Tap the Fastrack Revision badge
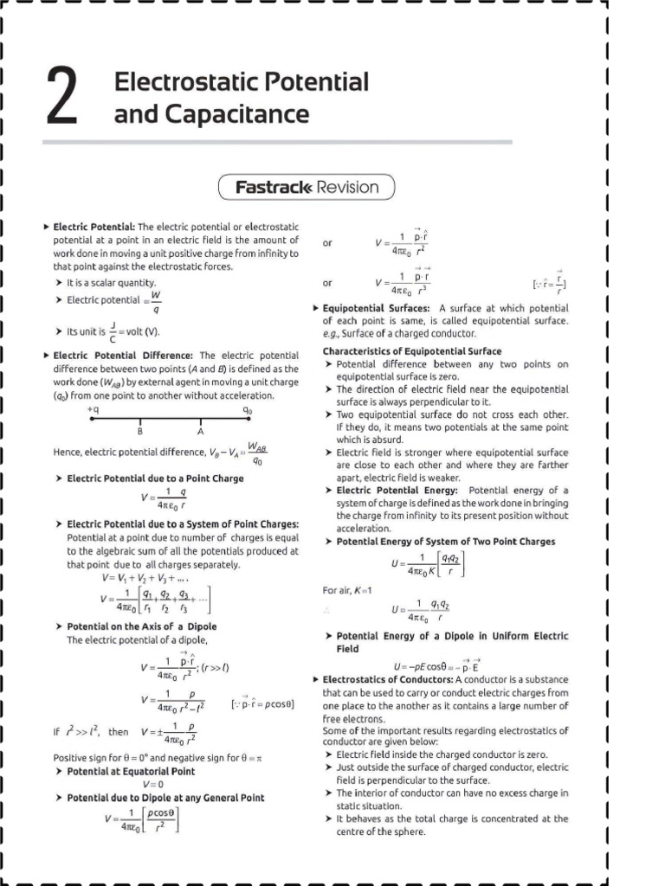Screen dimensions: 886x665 click(307, 187)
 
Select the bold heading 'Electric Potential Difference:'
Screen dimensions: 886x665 click(124, 355)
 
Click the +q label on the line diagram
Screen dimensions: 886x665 click(93, 408)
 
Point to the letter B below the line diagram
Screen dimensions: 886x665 click(139, 430)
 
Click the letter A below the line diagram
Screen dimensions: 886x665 click(200, 430)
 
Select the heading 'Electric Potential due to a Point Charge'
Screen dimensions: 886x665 click(155, 478)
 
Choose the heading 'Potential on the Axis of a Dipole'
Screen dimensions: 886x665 click(141, 626)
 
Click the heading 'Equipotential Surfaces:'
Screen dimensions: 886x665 click(376, 308)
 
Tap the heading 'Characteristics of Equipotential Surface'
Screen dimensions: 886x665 click(411, 351)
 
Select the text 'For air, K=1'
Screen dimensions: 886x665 click(346, 589)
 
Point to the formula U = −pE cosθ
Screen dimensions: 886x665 click(436, 666)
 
